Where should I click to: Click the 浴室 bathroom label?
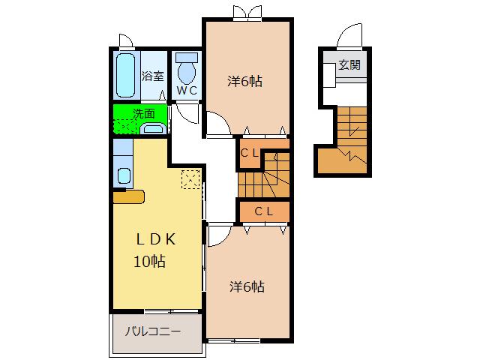coord(153,76)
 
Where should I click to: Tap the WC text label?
coord(187,91)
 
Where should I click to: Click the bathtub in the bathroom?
coord(126,75)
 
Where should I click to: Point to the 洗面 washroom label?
coord(144,113)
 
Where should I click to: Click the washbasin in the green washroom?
coord(153,128)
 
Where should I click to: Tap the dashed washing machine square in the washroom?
coord(125,127)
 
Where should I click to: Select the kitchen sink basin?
coord(124,176)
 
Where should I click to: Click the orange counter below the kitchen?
coord(128,196)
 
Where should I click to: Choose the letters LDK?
coord(156,239)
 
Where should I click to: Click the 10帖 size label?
coord(150,262)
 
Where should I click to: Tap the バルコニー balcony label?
coord(153,331)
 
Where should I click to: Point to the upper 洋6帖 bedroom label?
coord(245,82)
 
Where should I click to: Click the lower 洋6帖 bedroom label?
coord(247,286)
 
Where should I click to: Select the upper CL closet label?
coord(250,153)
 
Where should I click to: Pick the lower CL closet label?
coord(264,211)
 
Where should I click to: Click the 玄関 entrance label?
coord(349,65)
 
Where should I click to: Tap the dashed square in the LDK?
coord(190,179)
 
